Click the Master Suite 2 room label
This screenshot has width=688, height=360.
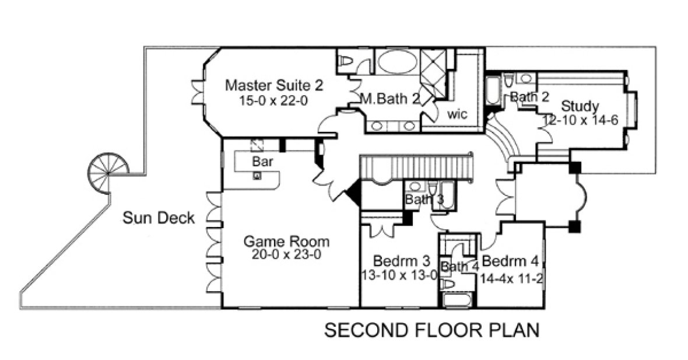pyautogui.click(x=274, y=85)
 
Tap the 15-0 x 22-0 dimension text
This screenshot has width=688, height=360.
pyautogui.click(x=273, y=100)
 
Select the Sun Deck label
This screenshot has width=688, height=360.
pyautogui.click(x=158, y=218)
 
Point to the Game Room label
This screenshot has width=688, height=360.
pyautogui.click(x=286, y=241)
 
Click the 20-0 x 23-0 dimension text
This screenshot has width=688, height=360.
pyautogui.click(x=286, y=255)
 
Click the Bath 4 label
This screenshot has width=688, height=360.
pyautogui.click(x=459, y=267)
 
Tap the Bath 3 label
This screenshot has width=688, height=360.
pyautogui.click(x=424, y=200)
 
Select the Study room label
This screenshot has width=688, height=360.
pyautogui.click(x=580, y=106)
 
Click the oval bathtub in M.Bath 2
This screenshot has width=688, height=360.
pyautogui.click(x=394, y=61)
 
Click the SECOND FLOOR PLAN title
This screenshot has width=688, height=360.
pyautogui.click(x=431, y=330)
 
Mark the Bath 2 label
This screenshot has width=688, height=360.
pyautogui.click(x=529, y=97)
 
